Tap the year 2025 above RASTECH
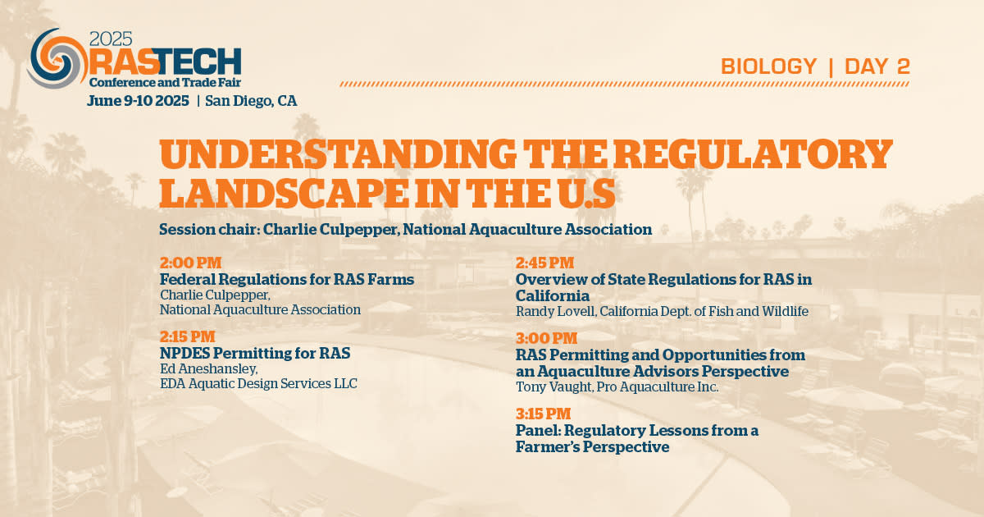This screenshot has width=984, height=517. point(111,39)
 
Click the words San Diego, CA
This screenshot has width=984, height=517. point(251,101)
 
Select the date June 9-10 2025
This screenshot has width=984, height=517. point(138,101)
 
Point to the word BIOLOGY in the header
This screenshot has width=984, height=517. point(769,66)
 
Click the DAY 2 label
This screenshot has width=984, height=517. point(877,66)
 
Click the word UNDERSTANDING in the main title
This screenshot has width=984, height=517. point(337,154)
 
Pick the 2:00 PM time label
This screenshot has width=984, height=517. point(190,263)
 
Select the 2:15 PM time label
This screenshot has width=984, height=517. point(188,336)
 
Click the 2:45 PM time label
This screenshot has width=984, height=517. point(544,263)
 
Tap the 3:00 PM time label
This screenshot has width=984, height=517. point(546,338)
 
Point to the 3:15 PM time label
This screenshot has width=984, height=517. point(544,414)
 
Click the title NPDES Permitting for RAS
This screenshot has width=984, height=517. point(255,353)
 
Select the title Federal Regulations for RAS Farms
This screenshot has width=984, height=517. point(287,279)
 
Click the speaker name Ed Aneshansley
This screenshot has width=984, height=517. point(208,368)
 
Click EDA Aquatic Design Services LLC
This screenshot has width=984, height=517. point(259,384)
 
